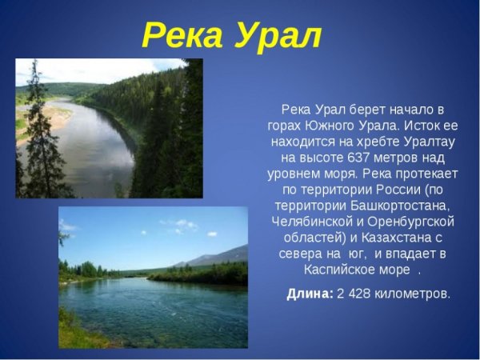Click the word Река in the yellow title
click(x=182, y=36)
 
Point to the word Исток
click(x=415, y=125)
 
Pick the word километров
click(x=411, y=294)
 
